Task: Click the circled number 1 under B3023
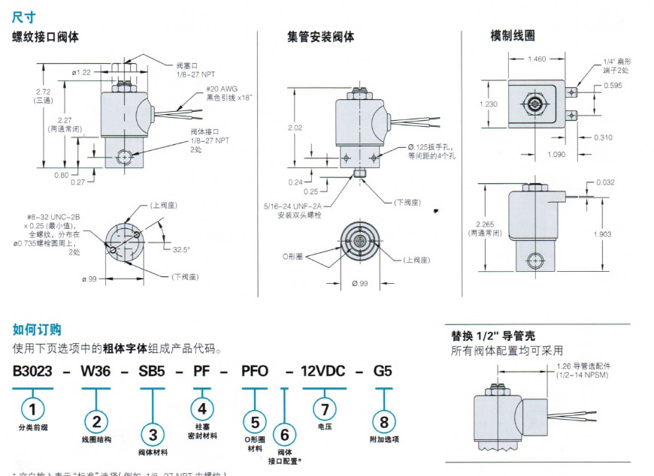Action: tap(32, 408)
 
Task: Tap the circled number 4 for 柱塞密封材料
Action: tap(201, 408)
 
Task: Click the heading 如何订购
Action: tap(37, 330)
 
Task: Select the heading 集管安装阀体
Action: tap(320, 37)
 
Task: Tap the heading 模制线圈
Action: tap(512, 35)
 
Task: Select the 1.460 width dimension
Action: tap(537, 59)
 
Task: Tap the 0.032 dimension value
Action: tap(605, 182)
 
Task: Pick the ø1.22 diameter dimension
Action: tap(82, 72)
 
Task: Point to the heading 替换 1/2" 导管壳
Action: tap(492, 336)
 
